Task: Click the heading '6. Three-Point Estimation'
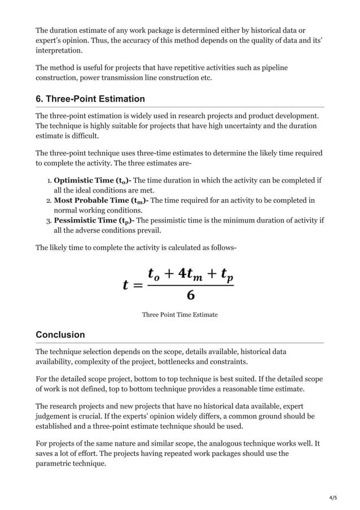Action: click(x=90, y=99)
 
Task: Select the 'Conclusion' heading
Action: click(x=60, y=335)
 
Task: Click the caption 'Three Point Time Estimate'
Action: click(x=179, y=314)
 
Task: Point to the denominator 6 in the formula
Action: click(x=190, y=295)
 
